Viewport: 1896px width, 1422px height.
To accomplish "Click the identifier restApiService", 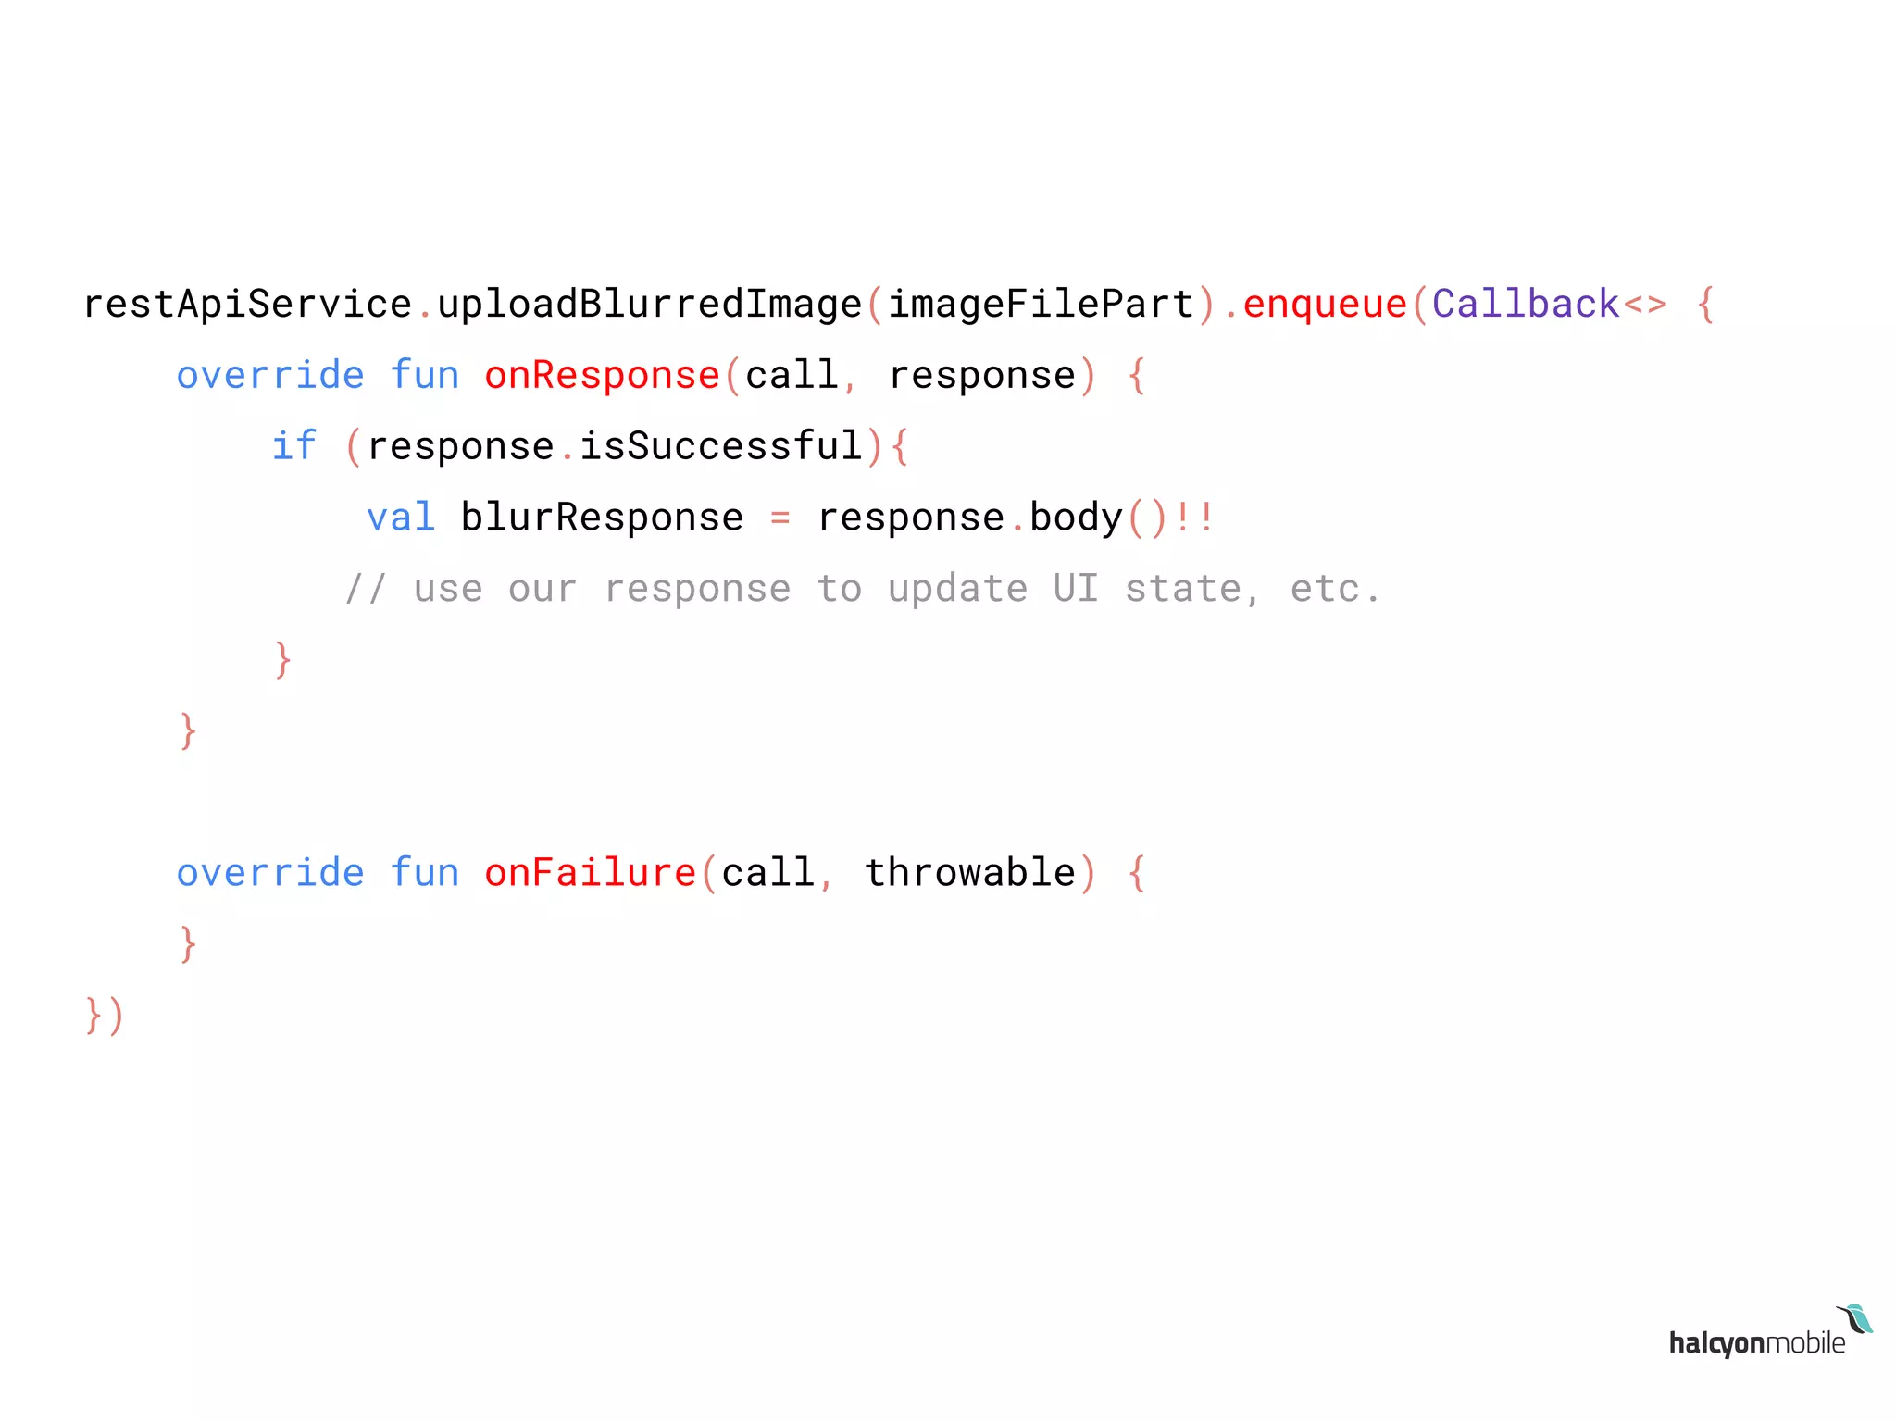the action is click(247, 305).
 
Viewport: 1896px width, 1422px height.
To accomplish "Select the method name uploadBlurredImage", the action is click(649, 305).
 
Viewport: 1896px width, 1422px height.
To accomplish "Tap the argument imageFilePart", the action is click(1041, 305).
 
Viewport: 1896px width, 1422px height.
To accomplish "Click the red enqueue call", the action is click(1324, 305).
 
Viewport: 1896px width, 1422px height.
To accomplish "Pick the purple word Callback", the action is click(1526, 305).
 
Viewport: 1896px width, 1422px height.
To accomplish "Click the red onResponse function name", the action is click(602, 376).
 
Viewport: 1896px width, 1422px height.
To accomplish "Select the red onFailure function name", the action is click(590, 873).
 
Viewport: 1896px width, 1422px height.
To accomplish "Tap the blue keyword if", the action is click(293, 446).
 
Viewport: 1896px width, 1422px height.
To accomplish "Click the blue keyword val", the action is click(400, 518).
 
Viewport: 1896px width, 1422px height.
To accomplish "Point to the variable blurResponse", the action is click(602, 518).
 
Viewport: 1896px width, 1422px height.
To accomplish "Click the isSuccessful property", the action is click(720, 446).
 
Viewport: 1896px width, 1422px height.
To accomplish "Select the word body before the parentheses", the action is click(1076, 518).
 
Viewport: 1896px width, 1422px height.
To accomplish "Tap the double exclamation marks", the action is click(1194, 518).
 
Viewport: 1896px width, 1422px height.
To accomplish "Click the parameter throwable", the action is click(969, 873).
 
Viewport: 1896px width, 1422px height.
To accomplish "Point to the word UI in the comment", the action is click(1076, 589).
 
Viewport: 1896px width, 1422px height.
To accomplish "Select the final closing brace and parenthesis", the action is click(104, 1016).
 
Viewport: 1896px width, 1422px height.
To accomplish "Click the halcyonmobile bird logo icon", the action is click(1856, 1319).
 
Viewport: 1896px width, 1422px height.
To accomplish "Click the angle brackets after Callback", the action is click(1644, 305).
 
